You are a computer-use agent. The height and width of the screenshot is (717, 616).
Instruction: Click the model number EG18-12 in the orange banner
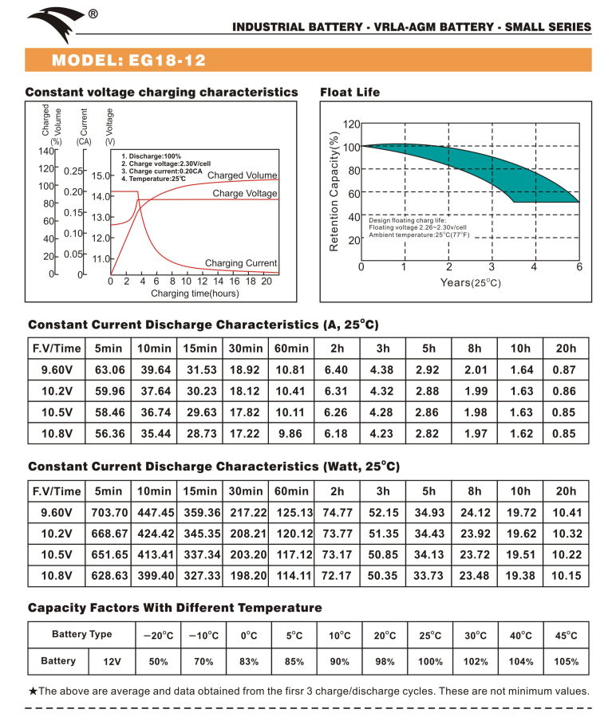(x=167, y=61)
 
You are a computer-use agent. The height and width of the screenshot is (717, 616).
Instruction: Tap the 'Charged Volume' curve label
(x=242, y=175)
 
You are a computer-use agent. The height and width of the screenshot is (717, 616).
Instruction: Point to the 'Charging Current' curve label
(x=241, y=263)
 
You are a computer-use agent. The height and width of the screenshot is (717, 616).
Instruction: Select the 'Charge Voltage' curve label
(x=245, y=194)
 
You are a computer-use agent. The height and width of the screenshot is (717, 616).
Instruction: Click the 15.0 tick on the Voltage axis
(x=101, y=175)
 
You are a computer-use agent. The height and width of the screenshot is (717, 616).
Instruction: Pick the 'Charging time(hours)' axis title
(x=195, y=293)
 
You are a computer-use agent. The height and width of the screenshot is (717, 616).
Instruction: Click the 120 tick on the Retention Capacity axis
(x=351, y=124)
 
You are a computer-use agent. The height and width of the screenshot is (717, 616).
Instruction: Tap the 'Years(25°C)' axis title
(x=471, y=282)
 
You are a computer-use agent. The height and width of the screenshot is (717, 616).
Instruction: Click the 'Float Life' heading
(x=349, y=92)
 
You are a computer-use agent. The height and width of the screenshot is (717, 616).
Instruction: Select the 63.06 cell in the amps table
(x=110, y=369)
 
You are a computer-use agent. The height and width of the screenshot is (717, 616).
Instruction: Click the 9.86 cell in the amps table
(x=290, y=434)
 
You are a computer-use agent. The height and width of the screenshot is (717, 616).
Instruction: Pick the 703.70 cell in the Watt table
(x=109, y=513)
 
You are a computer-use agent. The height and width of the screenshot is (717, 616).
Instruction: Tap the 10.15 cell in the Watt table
(x=566, y=576)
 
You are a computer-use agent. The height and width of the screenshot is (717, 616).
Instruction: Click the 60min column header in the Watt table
(x=291, y=491)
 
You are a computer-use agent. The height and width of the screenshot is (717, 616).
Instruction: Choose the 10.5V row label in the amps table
(x=57, y=412)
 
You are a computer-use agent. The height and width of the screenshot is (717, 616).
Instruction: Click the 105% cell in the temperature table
(x=566, y=662)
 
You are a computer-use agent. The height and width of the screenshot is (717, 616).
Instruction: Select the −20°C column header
(x=158, y=636)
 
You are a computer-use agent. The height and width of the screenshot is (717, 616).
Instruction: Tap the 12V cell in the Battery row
(x=113, y=662)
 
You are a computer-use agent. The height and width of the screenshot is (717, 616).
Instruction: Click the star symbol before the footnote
(x=33, y=691)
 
